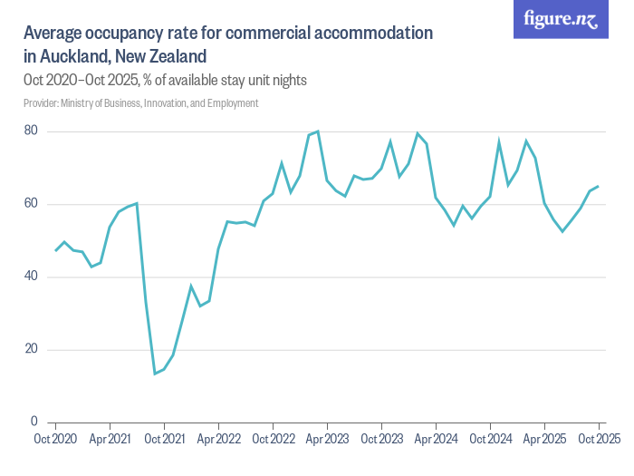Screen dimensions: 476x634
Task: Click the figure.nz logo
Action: point(562,20)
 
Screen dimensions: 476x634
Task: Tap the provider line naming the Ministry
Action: point(140,103)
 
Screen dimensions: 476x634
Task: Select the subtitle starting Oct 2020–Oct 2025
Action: point(165,80)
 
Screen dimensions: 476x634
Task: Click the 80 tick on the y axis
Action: point(31,131)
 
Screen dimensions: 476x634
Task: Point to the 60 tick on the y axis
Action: point(31,204)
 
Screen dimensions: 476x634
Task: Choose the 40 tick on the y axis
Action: point(31,277)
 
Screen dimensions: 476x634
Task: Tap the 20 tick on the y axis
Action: point(31,349)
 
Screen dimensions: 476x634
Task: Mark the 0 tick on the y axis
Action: point(34,422)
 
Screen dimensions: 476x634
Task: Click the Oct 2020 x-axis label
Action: point(55,439)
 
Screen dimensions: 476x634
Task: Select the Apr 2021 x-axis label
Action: point(110,439)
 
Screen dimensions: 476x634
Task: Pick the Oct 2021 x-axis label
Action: point(164,439)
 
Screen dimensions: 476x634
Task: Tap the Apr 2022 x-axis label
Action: point(218,439)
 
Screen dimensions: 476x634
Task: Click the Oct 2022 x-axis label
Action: point(273,439)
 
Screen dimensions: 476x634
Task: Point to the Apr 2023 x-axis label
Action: point(327,439)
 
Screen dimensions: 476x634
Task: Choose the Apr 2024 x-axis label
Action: point(436,439)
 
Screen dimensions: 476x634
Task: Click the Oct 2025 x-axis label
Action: point(599,439)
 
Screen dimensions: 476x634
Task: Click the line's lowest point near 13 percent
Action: point(155,373)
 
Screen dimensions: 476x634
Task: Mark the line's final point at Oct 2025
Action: point(599,186)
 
